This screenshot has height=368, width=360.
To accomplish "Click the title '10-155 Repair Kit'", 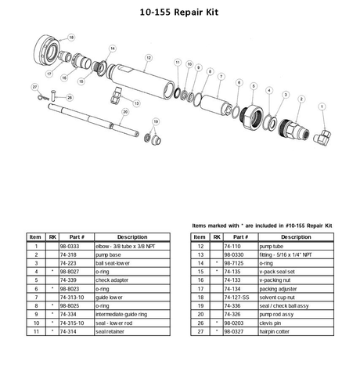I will coord(179,13).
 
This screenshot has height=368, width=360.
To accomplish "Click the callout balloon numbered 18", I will coord(71,37).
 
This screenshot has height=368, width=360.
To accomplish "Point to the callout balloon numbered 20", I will coord(124,112).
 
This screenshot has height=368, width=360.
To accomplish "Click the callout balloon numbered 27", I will coord(34,86).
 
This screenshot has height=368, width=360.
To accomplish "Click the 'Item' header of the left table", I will coord(35,236).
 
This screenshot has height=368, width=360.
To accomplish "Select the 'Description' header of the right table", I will coord(297,236).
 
